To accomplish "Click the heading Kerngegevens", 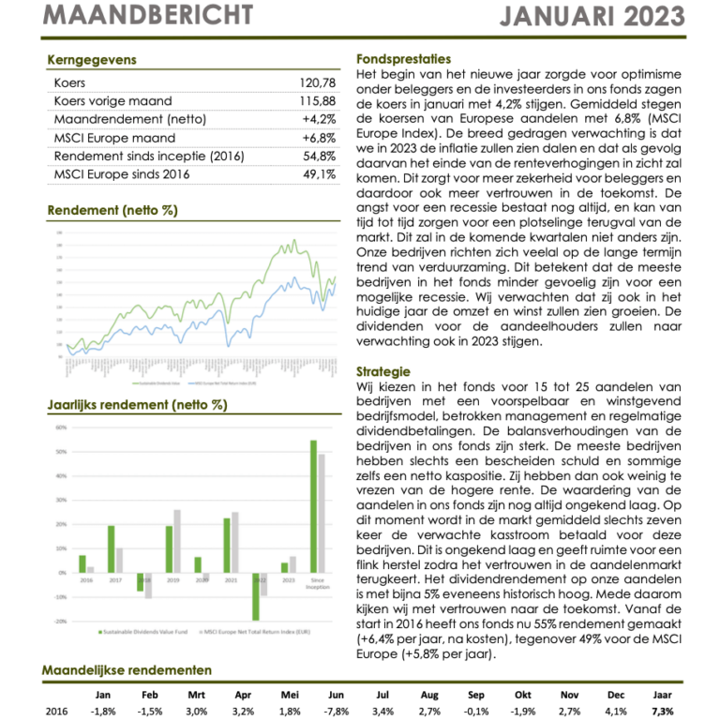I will click(x=91, y=60).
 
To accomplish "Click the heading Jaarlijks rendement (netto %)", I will click(x=137, y=405).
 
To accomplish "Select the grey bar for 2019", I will click(x=177, y=541).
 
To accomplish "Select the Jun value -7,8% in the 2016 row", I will click(x=336, y=712).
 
